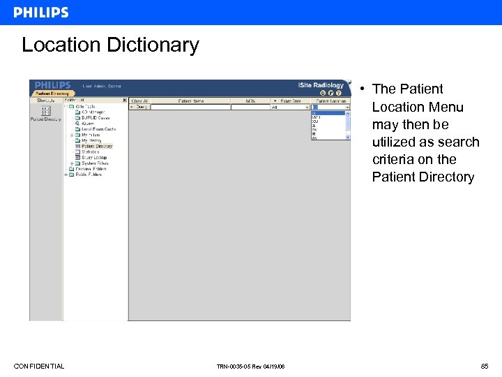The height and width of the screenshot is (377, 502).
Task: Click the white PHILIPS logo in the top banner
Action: coord(41,13)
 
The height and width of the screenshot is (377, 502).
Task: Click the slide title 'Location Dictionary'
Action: coord(110,45)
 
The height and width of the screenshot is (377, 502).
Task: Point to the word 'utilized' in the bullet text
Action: coord(396,142)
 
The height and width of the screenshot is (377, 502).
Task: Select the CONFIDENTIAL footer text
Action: coord(39,367)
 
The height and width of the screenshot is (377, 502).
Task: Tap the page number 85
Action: coord(484,367)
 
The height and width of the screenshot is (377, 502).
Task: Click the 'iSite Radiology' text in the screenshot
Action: coord(321,85)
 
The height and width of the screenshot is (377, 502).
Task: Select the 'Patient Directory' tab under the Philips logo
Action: coord(52,94)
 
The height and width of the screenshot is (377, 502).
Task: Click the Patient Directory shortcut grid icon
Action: coord(46,111)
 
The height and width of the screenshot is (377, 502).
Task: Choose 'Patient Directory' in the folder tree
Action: coord(97,147)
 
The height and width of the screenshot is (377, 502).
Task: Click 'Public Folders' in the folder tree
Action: coord(88,175)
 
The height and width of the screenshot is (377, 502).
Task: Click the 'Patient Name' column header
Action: coord(191,101)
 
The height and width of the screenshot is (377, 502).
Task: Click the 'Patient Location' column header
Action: coord(330,101)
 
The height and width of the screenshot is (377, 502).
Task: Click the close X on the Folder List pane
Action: coord(125,101)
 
